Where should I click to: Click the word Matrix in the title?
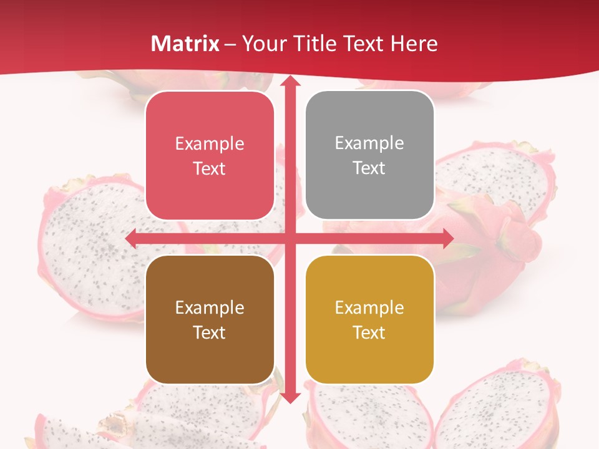pyautogui.click(x=185, y=44)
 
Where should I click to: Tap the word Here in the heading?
pyautogui.click(x=414, y=44)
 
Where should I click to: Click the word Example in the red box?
pyautogui.click(x=210, y=143)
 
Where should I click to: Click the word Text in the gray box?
pyautogui.click(x=369, y=168)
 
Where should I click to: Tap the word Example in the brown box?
pyautogui.click(x=210, y=307)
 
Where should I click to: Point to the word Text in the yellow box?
pyautogui.click(x=369, y=332)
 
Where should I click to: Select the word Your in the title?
pyautogui.click(x=263, y=44)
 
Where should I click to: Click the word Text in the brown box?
pyautogui.click(x=210, y=332)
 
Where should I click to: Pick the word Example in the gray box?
pyautogui.click(x=369, y=143)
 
